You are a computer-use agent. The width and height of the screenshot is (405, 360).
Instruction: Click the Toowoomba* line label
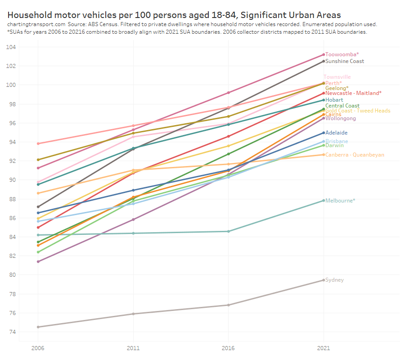[x=342, y=54]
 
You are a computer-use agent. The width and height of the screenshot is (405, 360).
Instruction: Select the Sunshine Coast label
[x=344, y=61]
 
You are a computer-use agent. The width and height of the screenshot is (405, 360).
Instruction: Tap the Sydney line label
[x=334, y=280]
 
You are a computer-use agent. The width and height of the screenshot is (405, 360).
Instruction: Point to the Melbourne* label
[x=340, y=201]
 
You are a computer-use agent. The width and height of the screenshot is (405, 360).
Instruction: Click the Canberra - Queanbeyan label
[x=355, y=155]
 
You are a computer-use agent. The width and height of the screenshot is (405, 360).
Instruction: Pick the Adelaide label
[x=336, y=133]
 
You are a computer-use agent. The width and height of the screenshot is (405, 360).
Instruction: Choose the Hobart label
[x=334, y=100]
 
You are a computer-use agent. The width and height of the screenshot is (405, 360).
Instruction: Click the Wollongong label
[x=340, y=119]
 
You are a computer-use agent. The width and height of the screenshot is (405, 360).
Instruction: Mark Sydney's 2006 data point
[x=38, y=327]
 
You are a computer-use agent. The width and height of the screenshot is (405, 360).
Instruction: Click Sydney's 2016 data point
[x=228, y=305]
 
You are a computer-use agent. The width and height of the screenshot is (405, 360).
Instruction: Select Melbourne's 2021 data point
[x=323, y=201]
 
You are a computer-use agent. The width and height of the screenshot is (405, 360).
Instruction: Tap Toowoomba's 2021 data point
[x=323, y=54]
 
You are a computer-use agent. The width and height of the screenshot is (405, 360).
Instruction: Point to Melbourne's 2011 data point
[x=133, y=233]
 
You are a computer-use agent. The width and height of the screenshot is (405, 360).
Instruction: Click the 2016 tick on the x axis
[x=228, y=348]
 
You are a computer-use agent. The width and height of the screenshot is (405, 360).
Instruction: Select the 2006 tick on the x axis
[x=38, y=348]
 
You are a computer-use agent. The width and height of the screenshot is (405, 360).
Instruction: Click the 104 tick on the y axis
[x=11, y=47]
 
